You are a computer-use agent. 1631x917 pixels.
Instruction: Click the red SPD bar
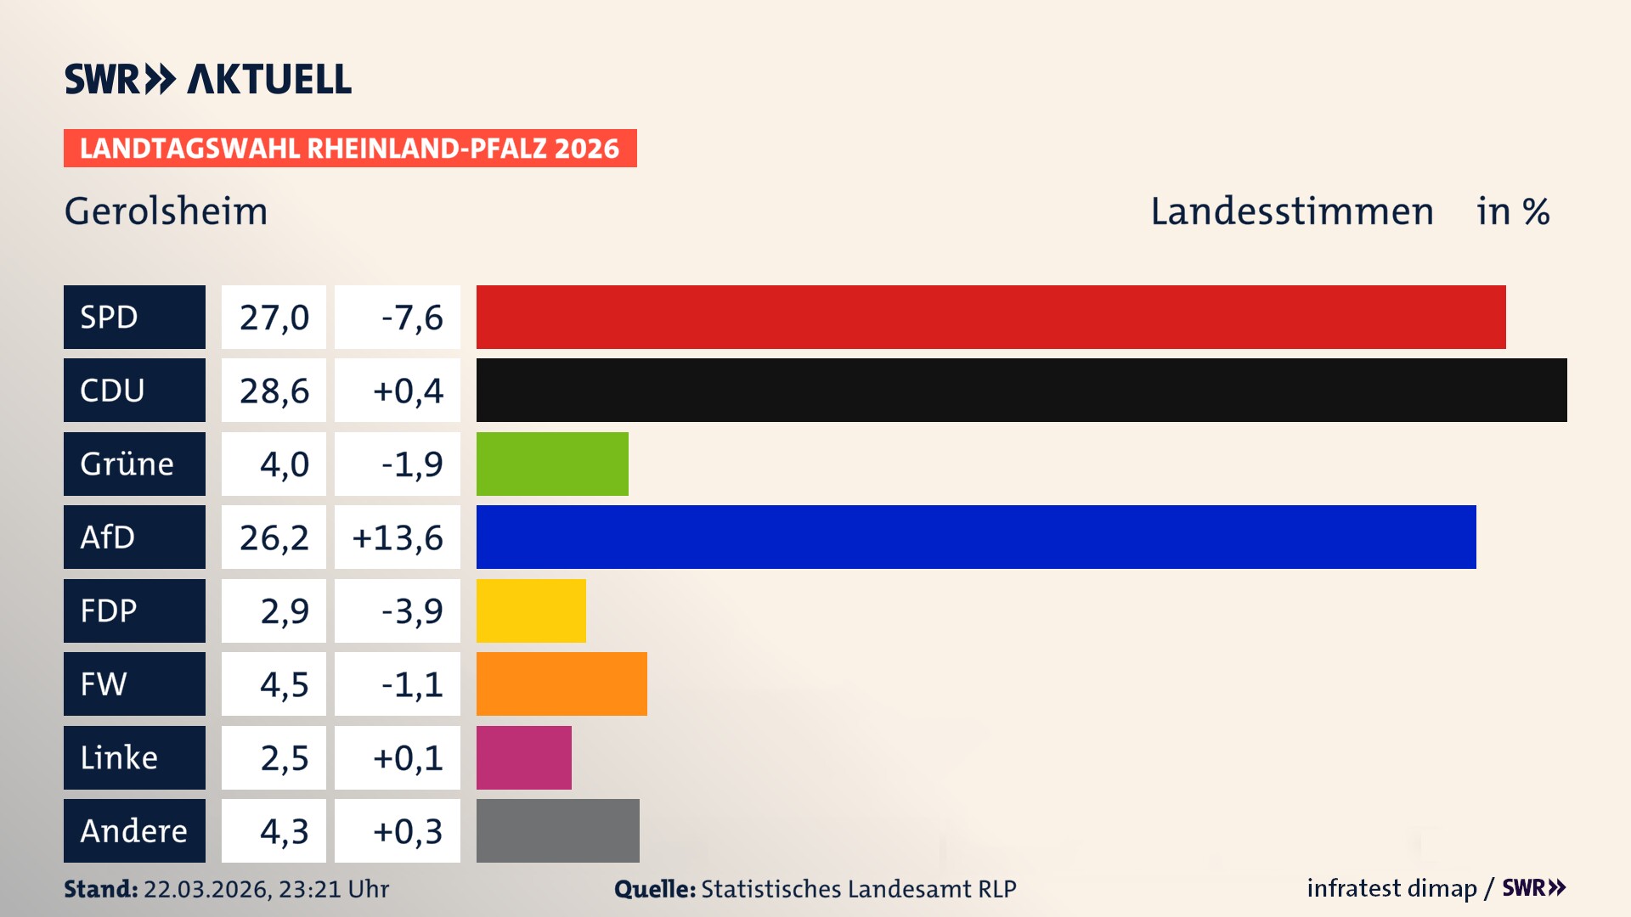point(990,317)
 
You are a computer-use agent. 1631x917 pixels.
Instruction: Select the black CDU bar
point(1021,390)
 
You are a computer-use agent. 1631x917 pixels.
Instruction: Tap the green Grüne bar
point(552,464)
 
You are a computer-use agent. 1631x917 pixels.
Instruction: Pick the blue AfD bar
point(976,537)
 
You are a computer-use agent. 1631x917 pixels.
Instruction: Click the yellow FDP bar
point(531,610)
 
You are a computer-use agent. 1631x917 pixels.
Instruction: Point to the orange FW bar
point(562,684)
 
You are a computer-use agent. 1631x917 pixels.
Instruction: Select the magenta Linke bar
point(523,757)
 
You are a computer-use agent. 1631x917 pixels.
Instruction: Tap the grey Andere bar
point(557,830)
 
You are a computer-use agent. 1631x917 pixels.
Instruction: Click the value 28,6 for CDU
point(274,391)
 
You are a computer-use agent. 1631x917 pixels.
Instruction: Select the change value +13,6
point(397,537)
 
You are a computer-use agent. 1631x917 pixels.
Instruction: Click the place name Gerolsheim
point(166,211)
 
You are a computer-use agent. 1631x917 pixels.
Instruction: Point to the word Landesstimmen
point(1291,211)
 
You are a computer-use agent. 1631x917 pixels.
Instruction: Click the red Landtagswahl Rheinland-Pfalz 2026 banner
point(350,149)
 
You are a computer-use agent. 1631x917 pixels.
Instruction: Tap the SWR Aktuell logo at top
point(207,79)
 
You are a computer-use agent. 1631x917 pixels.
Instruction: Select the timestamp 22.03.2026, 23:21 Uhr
point(266,889)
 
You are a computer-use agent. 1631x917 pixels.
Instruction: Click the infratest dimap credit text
point(1391,888)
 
